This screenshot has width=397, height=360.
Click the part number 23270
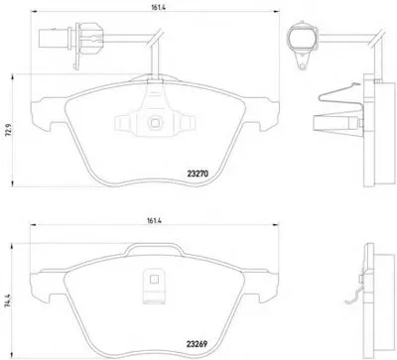pyautogui.click(x=198, y=174)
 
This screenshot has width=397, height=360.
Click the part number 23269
pyautogui.click(x=197, y=344)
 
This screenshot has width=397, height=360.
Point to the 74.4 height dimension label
pyautogui.click(x=7, y=300)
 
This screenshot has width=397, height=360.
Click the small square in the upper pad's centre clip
pyautogui.click(x=155, y=123)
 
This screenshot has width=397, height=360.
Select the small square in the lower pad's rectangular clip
pyautogui.click(x=154, y=280)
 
